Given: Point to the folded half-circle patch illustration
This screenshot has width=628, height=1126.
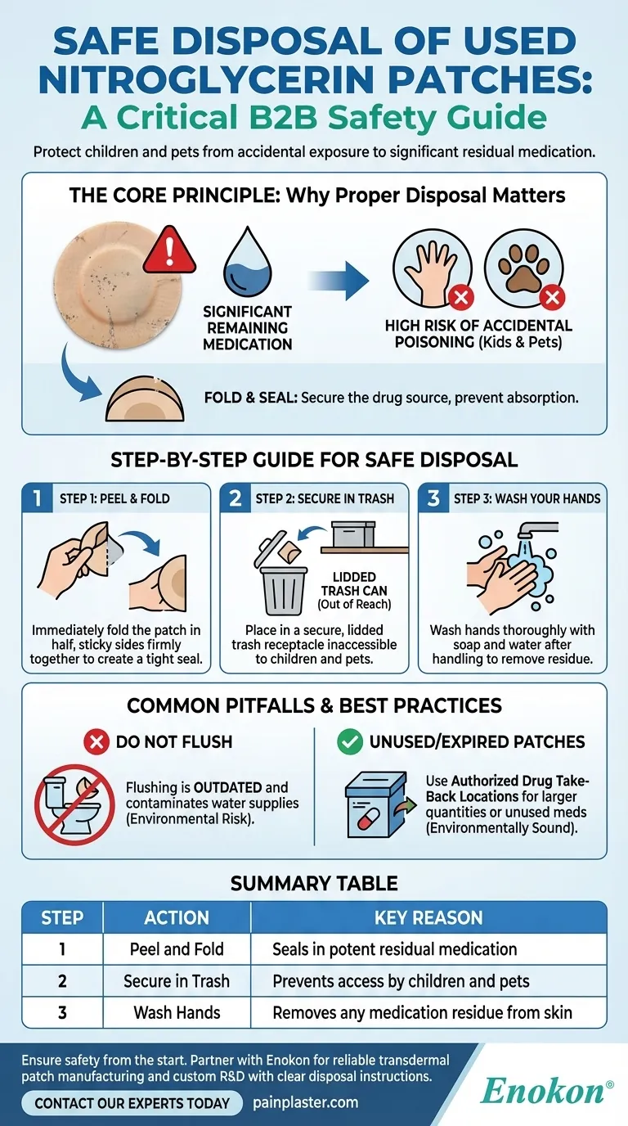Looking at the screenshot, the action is [145, 399].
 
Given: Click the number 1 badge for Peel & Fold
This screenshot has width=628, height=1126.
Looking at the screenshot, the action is [37, 498].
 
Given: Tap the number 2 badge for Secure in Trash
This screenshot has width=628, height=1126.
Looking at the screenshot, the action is [235, 498].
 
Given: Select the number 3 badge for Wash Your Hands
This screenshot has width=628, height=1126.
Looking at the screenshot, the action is [433, 498].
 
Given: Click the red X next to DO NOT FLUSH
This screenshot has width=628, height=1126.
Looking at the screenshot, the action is [96, 742].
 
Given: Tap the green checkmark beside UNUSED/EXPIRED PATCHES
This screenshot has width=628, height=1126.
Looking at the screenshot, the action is [350, 742].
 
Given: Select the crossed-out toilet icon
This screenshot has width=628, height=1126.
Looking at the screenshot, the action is [74, 804].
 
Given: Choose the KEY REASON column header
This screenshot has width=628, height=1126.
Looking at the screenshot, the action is [428, 917].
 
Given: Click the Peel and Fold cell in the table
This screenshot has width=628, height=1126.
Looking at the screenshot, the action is [177, 949].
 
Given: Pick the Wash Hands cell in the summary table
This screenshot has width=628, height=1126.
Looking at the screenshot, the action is [177, 1012].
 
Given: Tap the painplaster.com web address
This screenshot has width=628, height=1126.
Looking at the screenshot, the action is [306, 1103].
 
